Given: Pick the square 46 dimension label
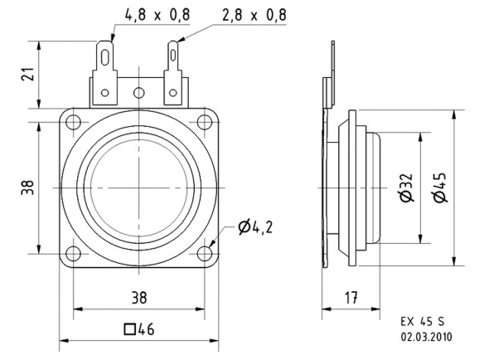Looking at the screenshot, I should (x=138, y=329).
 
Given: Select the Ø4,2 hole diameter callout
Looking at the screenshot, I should (x=255, y=226).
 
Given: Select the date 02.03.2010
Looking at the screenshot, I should (x=426, y=338).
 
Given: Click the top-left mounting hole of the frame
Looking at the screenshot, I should (x=74, y=123).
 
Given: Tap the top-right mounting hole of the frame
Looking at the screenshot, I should (x=204, y=123).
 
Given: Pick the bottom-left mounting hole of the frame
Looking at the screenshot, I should (x=74, y=253).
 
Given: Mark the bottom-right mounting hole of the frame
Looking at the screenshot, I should (x=204, y=253).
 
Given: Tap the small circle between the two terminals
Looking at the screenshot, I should (x=139, y=93).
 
